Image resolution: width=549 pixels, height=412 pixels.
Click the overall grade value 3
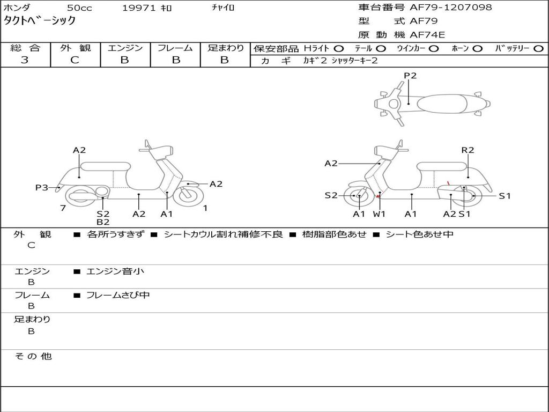[x=25, y=60]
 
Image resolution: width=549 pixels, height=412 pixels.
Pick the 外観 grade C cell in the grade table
[x=75, y=60]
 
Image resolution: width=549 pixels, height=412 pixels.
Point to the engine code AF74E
[x=427, y=35]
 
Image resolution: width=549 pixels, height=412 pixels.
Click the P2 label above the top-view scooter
[x=410, y=76]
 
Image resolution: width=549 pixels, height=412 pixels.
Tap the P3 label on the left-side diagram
[x=42, y=187]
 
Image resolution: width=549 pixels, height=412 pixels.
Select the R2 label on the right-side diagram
[x=468, y=150]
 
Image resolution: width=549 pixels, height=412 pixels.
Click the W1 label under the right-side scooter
[x=379, y=214]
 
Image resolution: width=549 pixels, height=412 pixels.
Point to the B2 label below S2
[x=103, y=222]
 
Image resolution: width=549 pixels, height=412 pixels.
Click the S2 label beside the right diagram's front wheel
[x=331, y=195]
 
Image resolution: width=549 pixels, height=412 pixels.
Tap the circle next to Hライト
[x=339, y=48]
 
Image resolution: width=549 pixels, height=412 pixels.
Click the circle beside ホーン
[x=478, y=48]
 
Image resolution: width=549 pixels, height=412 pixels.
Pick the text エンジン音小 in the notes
[x=115, y=271]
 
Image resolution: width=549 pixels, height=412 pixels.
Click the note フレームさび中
[x=118, y=295]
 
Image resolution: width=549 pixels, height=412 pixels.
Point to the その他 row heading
[x=33, y=356]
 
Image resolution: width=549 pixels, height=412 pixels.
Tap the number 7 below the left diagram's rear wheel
[x=63, y=208]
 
